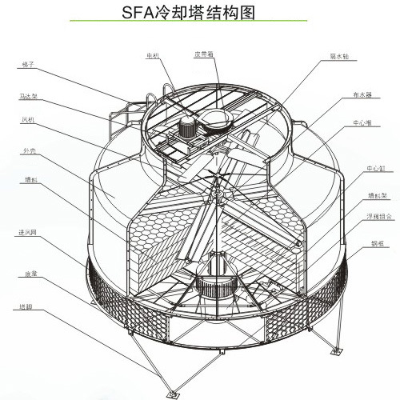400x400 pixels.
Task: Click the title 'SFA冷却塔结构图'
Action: point(200,14)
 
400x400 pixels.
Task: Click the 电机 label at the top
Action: point(153,55)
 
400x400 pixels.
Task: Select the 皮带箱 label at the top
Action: point(205,55)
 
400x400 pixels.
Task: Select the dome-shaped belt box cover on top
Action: point(217,119)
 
